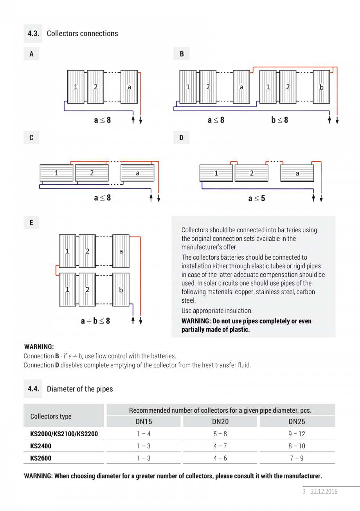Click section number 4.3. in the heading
coord(34,34)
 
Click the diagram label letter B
coord(182,54)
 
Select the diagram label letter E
coord(31,223)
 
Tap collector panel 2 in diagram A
coord(95,87)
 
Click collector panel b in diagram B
coord(322,87)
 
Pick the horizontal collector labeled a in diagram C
coord(137,173)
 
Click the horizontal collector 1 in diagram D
coord(216,173)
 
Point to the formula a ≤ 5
coord(257,199)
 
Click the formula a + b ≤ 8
coord(95,321)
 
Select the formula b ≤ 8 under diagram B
coord(280,120)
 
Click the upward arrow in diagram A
coord(133,120)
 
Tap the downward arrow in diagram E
coord(140,321)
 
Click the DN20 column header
coord(220,422)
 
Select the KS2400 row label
coord(41,446)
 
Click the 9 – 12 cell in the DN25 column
coord(297,434)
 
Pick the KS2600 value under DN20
coord(220,458)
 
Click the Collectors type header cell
coord(51,416)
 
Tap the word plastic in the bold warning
coord(238,330)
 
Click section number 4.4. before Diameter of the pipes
coord(34,389)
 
